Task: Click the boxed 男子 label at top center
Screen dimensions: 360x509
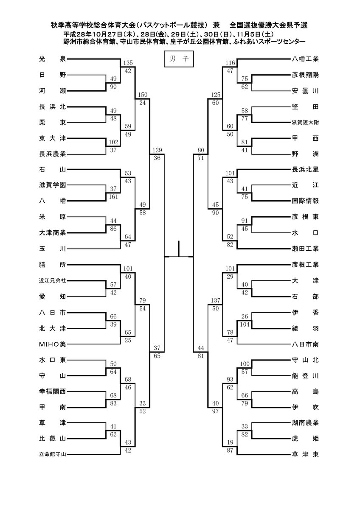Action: tap(179, 59)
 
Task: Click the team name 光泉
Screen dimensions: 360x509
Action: tap(53, 59)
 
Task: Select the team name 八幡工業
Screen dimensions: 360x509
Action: tap(305, 59)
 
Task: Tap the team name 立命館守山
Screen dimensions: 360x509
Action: tap(53, 454)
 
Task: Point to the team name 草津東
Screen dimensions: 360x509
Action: tap(305, 454)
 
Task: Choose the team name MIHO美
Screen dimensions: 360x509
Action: tap(53, 344)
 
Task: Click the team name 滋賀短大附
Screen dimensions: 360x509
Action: tap(305, 123)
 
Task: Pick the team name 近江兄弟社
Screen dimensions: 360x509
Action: tap(53, 281)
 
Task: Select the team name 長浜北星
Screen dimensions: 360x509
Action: tap(305, 169)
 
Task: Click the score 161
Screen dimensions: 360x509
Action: tap(113, 196)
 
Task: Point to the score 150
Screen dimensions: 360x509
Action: tap(143, 95)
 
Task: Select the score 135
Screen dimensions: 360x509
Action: tap(128, 63)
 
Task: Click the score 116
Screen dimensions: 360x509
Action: tap(230, 63)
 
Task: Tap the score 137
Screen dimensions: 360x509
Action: tap(216, 300)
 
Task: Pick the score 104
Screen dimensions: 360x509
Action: tap(245, 324)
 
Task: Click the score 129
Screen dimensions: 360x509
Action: tap(157, 150)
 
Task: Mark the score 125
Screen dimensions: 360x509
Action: tap(216, 95)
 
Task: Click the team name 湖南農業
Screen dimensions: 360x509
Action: tap(305, 422)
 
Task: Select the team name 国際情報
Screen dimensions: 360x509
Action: tap(305, 201)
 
